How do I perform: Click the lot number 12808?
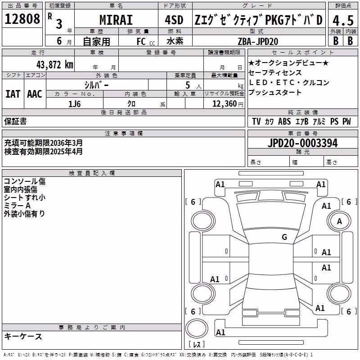22,18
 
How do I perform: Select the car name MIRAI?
116,20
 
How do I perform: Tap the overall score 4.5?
343,21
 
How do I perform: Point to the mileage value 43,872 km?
55,65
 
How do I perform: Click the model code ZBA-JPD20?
258,41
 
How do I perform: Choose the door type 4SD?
174,20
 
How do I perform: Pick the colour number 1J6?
75,104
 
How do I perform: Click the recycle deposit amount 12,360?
224,104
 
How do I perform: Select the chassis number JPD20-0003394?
302,143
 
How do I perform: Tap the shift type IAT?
13,94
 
